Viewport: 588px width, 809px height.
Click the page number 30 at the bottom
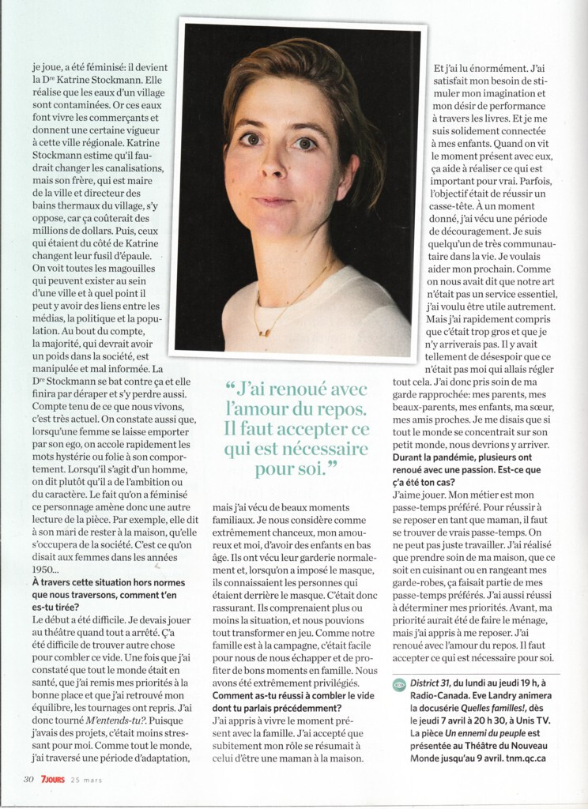coord(28,779)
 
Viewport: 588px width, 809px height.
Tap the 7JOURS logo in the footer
coord(56,779)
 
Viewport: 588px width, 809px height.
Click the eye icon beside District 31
coord(400,685)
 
